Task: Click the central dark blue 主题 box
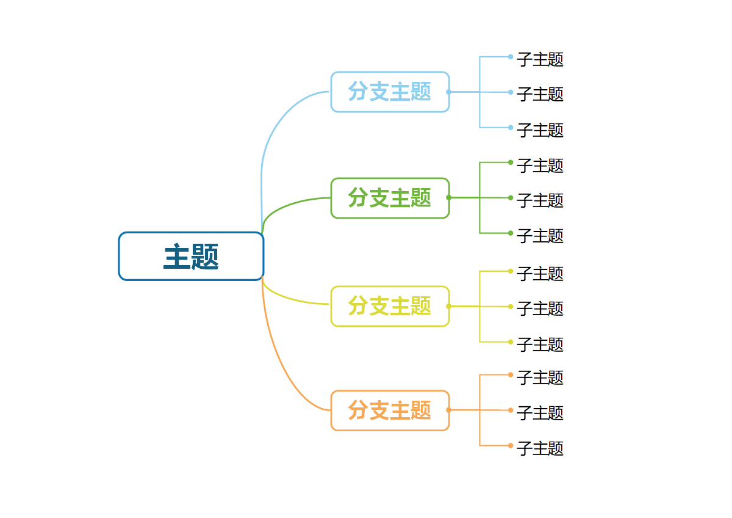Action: [191, 257]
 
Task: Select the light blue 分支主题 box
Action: [390, 92]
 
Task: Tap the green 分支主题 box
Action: [390, 198]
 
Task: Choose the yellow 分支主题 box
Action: [390, 306]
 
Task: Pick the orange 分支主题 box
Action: [390, 410]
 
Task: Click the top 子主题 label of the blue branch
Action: [540, 59]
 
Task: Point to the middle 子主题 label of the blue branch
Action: [540, 94]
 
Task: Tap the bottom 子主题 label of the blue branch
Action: [540, 130]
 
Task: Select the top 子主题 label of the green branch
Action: [540, 166]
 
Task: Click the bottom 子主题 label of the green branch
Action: [540, 236]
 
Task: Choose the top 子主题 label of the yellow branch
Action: [540, 274]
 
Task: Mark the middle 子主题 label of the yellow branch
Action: [540, 308]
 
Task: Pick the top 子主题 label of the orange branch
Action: [540, 378]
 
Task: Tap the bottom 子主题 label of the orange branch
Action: [540, 448]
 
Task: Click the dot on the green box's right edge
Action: [449, 197]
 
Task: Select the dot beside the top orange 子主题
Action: [511, 374]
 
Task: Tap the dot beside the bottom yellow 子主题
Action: [511, 341]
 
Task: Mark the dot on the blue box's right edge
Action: [449, 92]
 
